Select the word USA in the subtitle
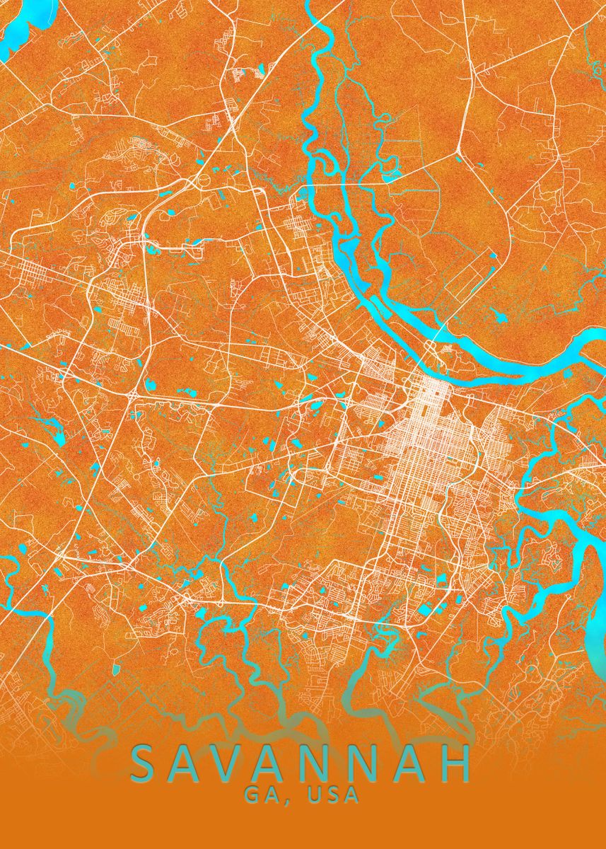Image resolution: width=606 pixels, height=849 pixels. pos(332,795)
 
